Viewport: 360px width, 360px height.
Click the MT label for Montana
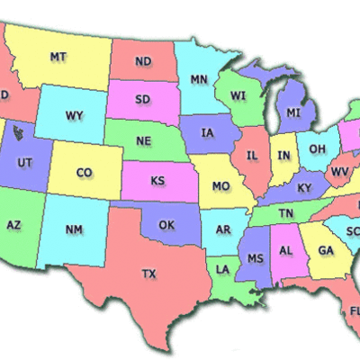58,57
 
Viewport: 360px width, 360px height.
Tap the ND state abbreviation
143,62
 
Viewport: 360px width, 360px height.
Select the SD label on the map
143,99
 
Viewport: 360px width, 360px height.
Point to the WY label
74,115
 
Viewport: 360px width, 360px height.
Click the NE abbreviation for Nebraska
144,141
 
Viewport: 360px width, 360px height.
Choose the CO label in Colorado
84,172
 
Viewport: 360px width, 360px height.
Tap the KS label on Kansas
157,181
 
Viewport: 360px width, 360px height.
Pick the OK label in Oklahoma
166,224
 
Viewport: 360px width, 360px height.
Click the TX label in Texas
149,273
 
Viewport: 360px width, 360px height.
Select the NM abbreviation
74,229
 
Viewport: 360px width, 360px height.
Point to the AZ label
14,224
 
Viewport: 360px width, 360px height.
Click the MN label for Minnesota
198,79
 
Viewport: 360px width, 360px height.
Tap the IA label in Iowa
208,133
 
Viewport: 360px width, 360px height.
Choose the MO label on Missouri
220,187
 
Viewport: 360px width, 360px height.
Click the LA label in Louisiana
222,269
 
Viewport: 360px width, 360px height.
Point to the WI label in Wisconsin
238,95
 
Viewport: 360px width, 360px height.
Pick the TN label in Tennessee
286,213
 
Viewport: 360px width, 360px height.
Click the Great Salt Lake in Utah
18,135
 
